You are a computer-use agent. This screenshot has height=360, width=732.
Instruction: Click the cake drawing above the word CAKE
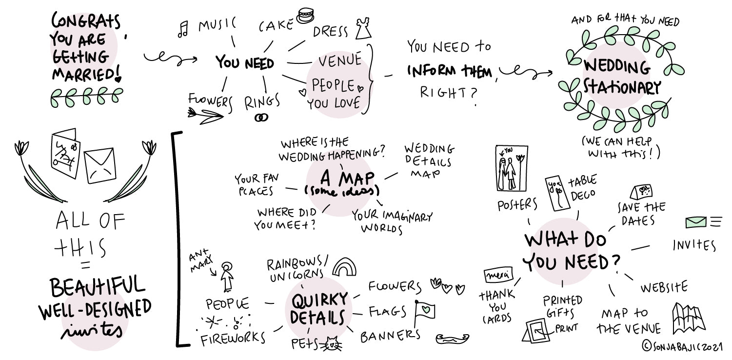click(x=306, y=15)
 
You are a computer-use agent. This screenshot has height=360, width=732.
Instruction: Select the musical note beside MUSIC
click(x=183, y=30)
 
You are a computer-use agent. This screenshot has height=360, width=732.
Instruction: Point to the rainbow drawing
click(x=344, y=267)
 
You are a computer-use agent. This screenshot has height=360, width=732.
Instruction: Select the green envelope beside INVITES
click(x=696, y=222)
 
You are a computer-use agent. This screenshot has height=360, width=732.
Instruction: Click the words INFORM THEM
click(x=450, y=72)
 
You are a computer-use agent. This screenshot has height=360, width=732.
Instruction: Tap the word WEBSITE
click(x=664, y=287)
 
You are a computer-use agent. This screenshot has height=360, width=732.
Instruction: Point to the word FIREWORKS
click(x=233, y=339)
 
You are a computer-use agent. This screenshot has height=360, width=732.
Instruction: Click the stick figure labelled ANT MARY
click(x=226, y=277)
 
